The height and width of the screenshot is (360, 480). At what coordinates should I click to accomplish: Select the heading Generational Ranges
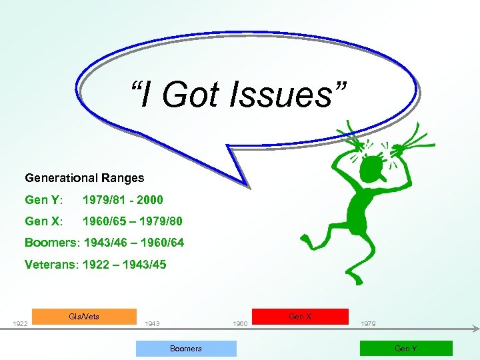[84, 178]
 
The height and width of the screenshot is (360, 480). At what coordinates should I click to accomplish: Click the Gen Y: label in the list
[45, 199]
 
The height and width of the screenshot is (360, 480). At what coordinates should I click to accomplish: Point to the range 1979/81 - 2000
[123, 199]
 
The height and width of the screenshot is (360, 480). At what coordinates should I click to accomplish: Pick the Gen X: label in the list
[45, 221]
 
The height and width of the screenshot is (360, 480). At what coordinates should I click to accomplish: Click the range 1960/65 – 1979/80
[132, 221]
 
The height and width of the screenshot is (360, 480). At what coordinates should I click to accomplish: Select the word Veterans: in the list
[51, 264]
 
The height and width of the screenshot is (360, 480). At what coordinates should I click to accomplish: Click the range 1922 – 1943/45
[125, 264]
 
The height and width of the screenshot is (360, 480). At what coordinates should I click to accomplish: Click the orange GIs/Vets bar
[84, 316]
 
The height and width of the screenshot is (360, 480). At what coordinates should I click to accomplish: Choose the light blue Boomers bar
[186, 348]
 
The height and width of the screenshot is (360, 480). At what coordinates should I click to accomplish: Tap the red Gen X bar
[300, 316]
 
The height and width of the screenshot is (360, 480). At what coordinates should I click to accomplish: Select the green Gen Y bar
[406, 348]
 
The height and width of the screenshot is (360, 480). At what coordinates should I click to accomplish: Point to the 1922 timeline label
[21, 324]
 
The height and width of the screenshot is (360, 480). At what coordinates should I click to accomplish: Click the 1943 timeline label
[152, 324]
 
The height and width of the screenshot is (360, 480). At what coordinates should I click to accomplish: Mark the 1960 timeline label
[241, 324]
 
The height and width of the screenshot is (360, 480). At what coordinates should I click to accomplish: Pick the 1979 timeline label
[367, 324]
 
